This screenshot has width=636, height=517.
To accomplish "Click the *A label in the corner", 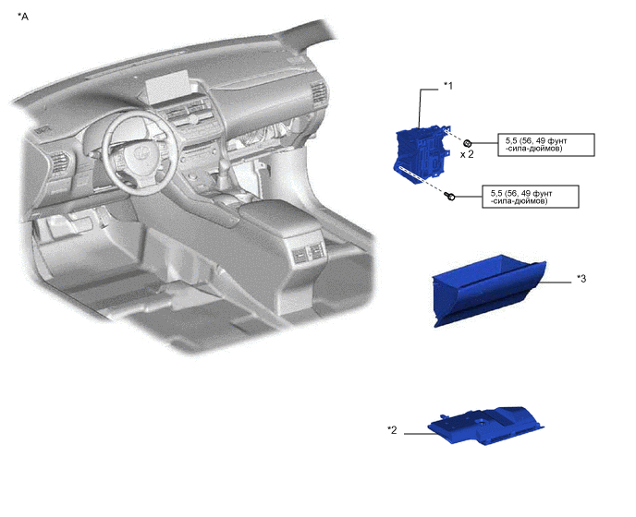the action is pos(23,17).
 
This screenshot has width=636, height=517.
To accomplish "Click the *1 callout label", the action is pos(447,86).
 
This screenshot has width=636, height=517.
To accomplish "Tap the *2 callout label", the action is pos(392,430).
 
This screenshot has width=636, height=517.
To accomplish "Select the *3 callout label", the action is pos(581,279).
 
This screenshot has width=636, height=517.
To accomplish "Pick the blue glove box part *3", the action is pos(488,289).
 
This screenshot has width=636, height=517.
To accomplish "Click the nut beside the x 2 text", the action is pos(467,143).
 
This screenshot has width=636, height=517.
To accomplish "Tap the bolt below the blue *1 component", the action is pos(450,197).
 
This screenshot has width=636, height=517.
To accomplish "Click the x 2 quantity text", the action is pos(467,154).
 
